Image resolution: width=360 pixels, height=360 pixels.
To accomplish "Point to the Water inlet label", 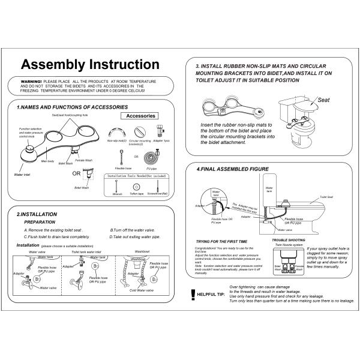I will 22,175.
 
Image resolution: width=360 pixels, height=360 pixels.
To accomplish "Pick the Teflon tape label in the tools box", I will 137,194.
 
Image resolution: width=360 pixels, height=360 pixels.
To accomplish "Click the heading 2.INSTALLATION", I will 43,214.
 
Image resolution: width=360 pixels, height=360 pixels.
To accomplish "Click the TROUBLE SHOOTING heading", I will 283,241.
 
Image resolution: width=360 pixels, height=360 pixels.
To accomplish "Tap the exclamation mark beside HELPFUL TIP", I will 192,293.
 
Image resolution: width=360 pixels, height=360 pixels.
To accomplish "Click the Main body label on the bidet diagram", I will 47,161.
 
